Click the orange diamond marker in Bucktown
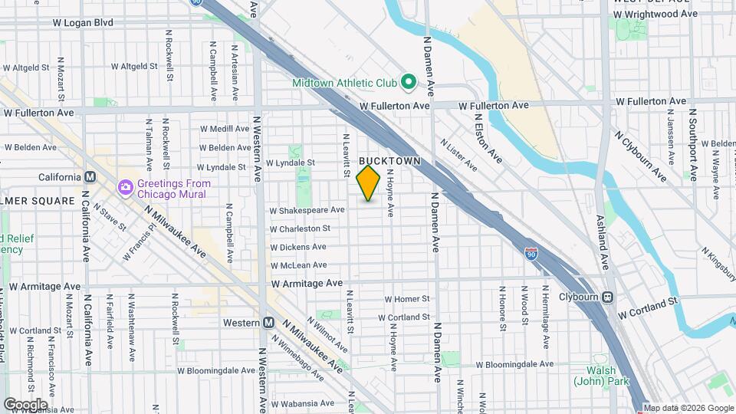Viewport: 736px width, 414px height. tap(369, 182)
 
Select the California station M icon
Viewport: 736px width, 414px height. tap(90, 176)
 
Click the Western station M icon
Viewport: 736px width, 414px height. tap(268, 323)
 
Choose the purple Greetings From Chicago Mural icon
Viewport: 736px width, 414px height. tap(125, 187)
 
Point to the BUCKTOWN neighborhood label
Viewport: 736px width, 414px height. tap(390, 161)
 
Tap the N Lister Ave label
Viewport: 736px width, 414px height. tap(459, 154)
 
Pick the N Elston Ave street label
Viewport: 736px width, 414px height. tap(488, 139)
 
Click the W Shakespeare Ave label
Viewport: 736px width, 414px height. tap(307, 210)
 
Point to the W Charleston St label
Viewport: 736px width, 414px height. tap(301, 228)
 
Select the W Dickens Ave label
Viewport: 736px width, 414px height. tap(298, 247)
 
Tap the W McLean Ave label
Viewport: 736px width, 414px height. tap(299, 265)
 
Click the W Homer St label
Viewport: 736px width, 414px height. tap(406, 299)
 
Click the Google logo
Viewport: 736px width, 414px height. tap(25, 404)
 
